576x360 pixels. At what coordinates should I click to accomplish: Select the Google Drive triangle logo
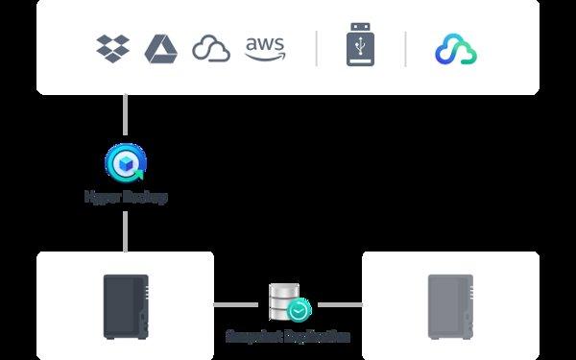point(161,48)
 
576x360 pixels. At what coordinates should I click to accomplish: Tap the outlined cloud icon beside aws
point(211,48)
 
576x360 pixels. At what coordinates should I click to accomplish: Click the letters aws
point(264,43)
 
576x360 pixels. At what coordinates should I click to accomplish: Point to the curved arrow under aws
point(265,57)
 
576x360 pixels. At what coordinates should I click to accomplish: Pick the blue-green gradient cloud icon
point(456,49)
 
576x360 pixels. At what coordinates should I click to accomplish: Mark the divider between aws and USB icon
point(317,48)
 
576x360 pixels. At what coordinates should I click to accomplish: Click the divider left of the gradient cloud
point(405,48)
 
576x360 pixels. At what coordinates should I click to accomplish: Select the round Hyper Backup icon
point(126,162)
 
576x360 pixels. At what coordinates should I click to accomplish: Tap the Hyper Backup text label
point(126,197)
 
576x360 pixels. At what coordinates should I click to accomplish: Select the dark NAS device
point(126,305)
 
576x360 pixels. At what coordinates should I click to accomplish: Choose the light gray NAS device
point(450,305)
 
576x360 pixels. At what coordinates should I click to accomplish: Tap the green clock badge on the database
point(300,311)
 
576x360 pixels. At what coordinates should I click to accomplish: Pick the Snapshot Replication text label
point(288,337)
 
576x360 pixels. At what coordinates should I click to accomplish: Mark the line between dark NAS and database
point(235,305)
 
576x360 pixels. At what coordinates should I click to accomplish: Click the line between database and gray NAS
point(340,305)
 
